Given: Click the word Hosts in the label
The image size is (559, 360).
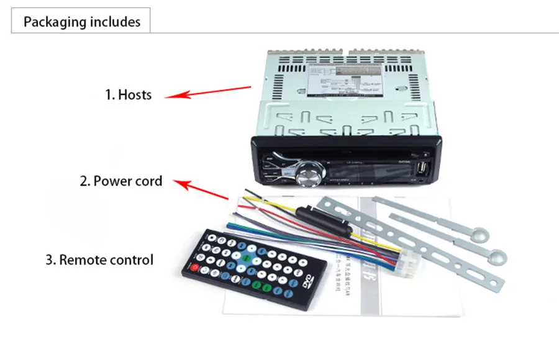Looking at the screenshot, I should click(135, 95).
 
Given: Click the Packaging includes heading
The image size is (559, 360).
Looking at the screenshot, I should click(82, 22).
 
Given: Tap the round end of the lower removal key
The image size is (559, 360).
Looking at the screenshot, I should click(497, 253).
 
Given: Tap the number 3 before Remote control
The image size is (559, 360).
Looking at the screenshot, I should click(50, 259).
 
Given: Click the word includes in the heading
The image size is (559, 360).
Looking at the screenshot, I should click(116, 22).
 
